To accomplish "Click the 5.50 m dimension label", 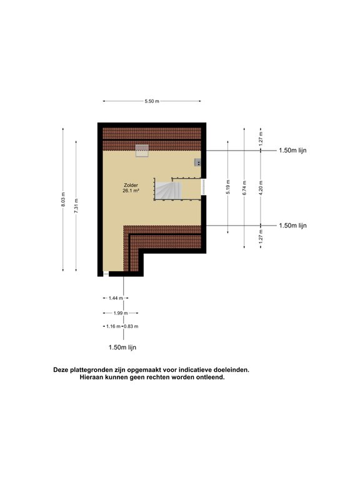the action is tap(152, 101).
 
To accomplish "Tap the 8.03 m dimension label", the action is tap(63, 199).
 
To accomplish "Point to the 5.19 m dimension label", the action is tap(227, 187).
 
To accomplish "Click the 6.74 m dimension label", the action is tap(244, 188).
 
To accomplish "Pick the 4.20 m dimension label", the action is tap(261, 188).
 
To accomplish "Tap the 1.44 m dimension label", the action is tap(116, 298).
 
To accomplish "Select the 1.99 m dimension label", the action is tap(121, 313).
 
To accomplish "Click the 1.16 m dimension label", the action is tap(113, 326).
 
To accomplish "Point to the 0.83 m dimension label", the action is tap(131, 326).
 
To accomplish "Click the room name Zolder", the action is tap(131, 185).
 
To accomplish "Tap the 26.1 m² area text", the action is tap(131, 191).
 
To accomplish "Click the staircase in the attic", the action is tap(167, 191).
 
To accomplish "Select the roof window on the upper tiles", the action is tap(142, 151).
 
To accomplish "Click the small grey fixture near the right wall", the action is tap(197, 162).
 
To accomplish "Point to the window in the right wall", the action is tap(203, 187).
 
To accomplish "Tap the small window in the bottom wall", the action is tap(106, 274).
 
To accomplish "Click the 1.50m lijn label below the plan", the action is tap(122, 347).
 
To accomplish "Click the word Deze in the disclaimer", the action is tap(61, 370).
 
